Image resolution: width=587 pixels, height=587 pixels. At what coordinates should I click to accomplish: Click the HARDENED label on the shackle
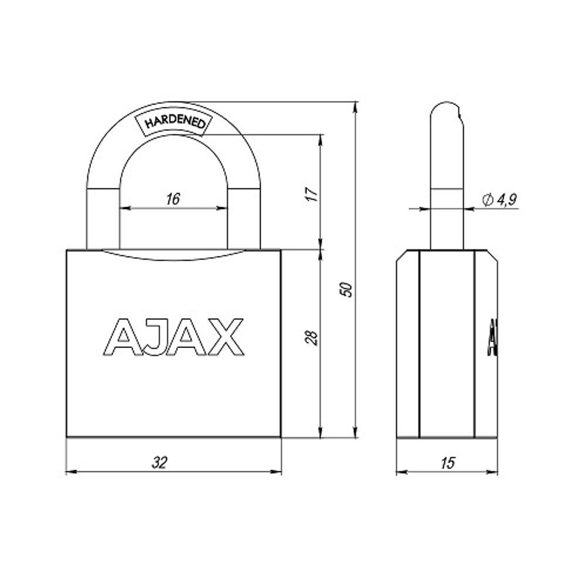click(174, 123)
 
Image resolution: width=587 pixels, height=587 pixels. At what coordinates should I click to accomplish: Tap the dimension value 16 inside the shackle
click(173, 199)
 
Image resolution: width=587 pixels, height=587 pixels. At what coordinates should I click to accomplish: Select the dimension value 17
click(313, 194)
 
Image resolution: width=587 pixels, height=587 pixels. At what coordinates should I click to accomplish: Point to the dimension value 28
click(313, 337)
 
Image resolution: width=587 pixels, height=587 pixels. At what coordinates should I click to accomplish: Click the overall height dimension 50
click(349, 289)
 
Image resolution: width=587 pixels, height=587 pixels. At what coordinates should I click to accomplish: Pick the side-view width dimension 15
click(447, 463)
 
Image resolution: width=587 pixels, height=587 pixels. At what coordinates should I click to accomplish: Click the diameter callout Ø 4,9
click(499, 200)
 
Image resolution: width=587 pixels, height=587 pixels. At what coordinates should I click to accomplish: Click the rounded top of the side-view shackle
click(446, 109)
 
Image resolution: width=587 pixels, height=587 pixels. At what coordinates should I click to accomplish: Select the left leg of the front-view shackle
click(103, 217)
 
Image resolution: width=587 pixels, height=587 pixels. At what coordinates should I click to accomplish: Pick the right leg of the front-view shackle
click(244, 217)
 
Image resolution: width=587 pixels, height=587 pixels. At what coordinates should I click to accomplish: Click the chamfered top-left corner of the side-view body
click(402, 256)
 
